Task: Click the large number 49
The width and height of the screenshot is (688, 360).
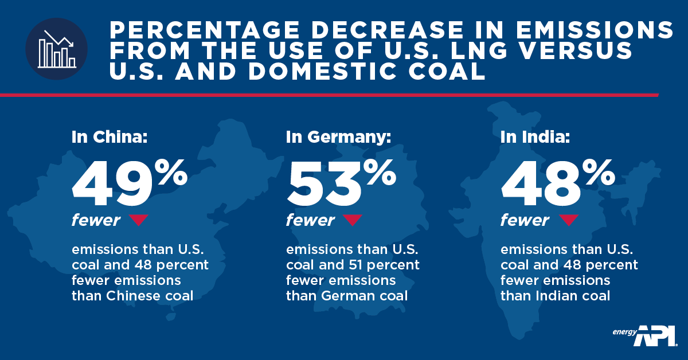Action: coord(112,184)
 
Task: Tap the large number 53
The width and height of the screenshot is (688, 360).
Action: coord(325,184)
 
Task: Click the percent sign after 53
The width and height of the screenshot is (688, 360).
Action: coord(380,173)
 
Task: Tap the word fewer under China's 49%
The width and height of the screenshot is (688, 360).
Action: coord(96,220)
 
